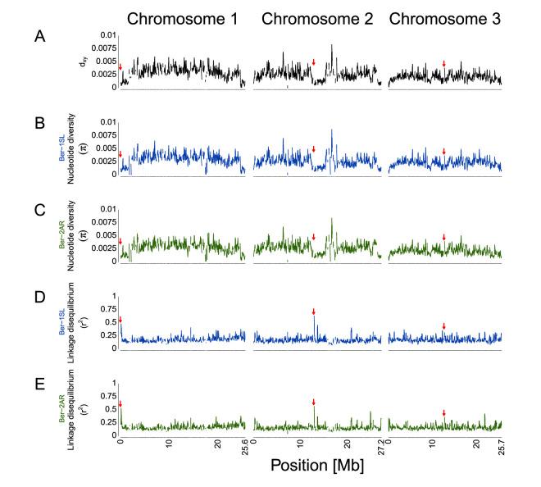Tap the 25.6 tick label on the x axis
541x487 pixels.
(244, 445)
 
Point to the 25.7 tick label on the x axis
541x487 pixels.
(501, 445)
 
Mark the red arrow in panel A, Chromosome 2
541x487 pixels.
(313, 63)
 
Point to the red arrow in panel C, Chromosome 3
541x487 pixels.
(443, 238)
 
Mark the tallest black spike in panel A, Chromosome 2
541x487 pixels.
(332, 46)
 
